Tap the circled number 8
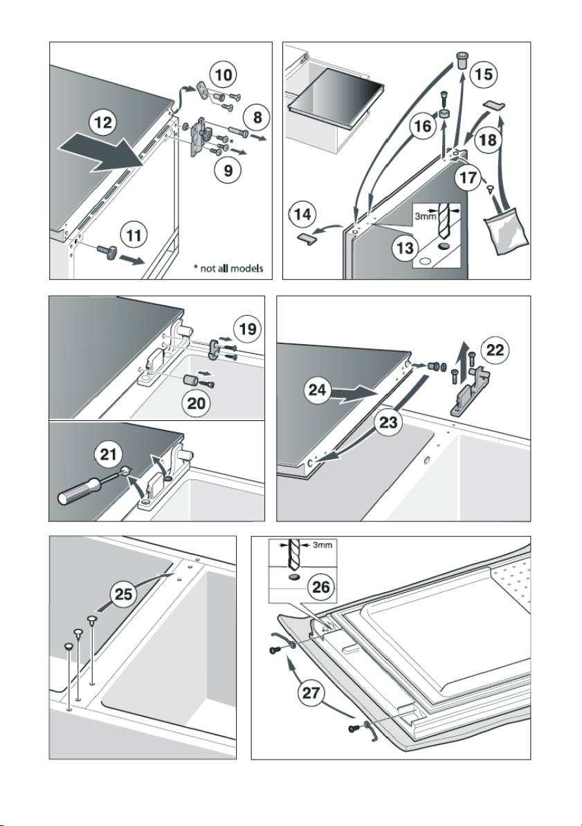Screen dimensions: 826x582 257,117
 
